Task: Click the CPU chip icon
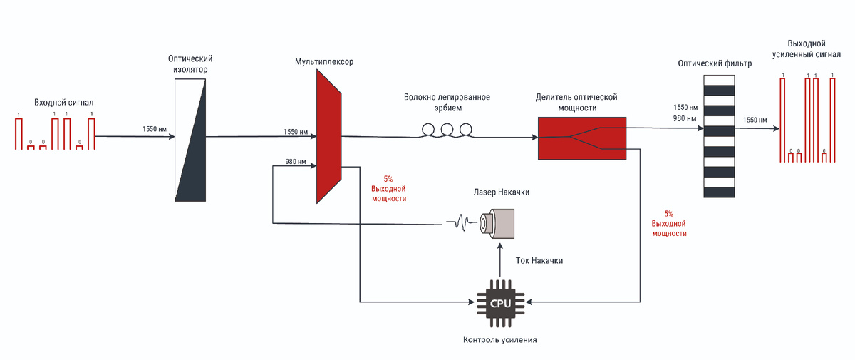(499, 303)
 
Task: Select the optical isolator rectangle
(191, 140)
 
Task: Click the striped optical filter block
(718, 135)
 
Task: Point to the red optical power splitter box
(581, 138)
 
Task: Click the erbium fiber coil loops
(447, 129)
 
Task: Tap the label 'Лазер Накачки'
(502, 192)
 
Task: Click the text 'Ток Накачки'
(539, 261)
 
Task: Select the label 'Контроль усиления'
(499, 340)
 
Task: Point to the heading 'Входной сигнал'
(64, 103)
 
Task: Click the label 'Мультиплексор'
(324, 62)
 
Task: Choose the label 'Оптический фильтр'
(715, 64)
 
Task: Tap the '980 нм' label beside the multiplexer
(296, 162)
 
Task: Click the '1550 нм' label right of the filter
(755, 120)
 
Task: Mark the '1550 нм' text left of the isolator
(154, 129)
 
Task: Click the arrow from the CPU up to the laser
(499, 261)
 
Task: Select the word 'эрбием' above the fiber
(447, 108)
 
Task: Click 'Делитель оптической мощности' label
(576, 102)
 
